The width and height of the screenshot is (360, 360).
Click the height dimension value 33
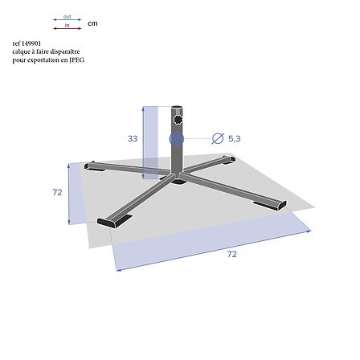click(133, 139)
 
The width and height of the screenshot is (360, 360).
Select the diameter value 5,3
click(235, 139)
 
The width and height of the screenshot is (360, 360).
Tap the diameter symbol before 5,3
click(217, 139)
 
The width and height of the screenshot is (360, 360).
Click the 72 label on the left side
click(57, 193)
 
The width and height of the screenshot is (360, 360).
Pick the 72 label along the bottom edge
click(232, 254)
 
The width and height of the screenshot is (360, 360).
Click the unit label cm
click(92, 23)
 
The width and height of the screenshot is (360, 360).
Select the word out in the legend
click(67, 16)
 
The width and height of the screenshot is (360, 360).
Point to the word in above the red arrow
click(67, 26)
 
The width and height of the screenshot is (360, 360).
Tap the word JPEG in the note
click(76, 59)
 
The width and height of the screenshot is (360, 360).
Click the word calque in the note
click(20, 51)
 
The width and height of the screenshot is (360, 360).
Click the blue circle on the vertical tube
click(177, 139)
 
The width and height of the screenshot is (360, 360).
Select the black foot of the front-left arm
click(110, 221)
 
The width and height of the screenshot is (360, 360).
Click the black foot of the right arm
click(268, 205)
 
